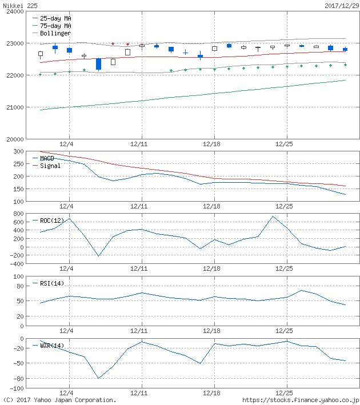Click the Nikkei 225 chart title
coord(19,5)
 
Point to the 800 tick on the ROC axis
coord(16,214)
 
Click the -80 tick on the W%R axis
coord(16,379)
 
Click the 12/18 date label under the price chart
coord(213,145)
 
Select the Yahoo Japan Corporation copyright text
coord(59,400)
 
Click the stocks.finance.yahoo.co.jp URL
coord(301,400)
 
